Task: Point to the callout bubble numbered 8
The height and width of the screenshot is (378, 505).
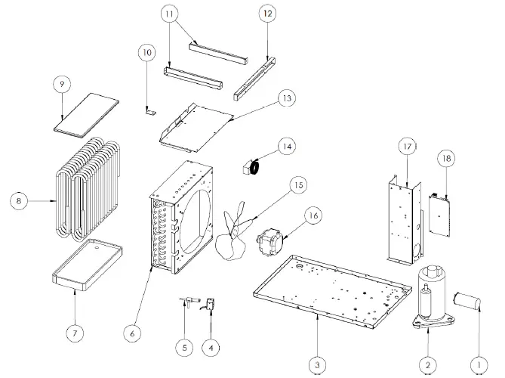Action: click(x=18, y=200)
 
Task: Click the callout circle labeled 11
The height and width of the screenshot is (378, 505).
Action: click(x=170, y=14)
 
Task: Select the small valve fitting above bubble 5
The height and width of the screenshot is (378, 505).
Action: click(x=183, y=303)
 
